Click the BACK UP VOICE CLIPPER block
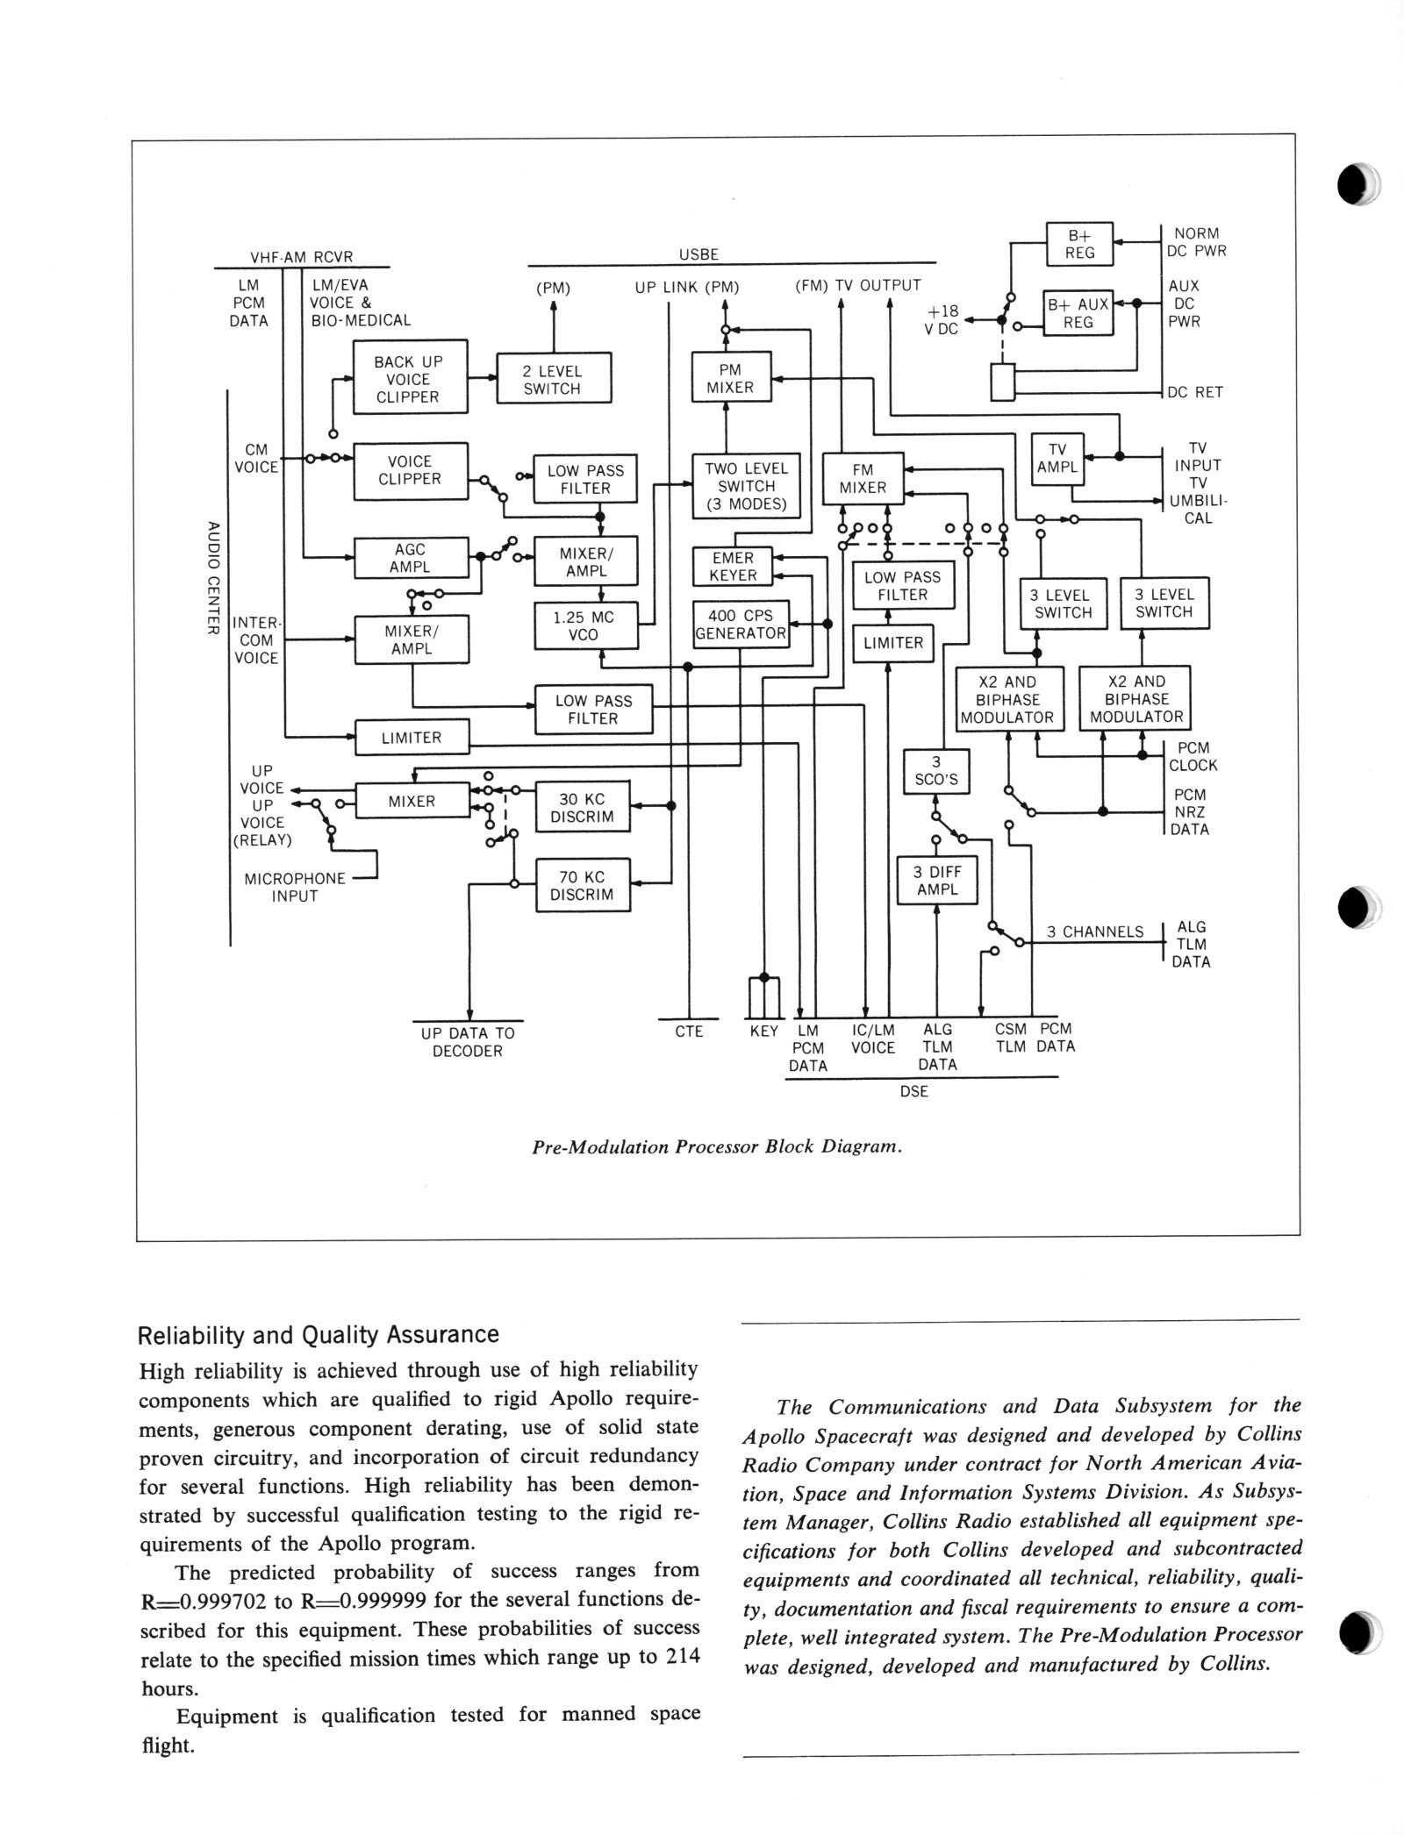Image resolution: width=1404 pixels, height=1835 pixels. tap(409, 379)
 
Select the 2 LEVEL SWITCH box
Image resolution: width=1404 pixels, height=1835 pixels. tap(553, 379)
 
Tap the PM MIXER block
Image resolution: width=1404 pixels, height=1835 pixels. tap(730, 378)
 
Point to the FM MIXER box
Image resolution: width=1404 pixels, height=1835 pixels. tap(863, 479)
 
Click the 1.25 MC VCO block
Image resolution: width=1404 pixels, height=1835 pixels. tap(583, 625)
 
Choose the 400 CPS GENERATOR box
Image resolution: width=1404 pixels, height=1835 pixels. tap(741, 625)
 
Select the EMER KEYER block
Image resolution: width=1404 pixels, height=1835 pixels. tap(734, 567)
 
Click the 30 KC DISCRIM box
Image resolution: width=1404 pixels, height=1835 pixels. tap(583, 808)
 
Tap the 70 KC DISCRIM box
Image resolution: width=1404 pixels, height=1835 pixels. tap(583, 886)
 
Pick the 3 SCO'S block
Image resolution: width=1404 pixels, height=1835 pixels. tap(936, 771)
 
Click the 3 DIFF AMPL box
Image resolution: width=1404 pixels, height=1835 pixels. tap(936, 881)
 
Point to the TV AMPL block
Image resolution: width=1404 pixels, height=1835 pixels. tap(1057, 459)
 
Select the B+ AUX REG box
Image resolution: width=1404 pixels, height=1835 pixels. tap(1078, 313)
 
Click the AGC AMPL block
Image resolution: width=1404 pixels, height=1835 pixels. tap(410, 558)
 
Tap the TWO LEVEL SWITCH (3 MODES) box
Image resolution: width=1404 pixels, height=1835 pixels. tap(746, 486)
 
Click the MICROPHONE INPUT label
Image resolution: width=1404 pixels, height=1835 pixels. tap(295, 887)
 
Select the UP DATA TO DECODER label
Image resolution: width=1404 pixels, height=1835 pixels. tap(468, 1042)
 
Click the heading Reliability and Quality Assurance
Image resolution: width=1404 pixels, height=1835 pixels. tap(319, 1334)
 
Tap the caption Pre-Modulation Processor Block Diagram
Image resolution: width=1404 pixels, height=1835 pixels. tap(717, 1147)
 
